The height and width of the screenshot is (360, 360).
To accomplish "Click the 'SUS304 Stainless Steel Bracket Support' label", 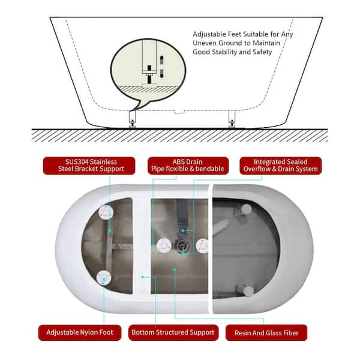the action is [x=89, y=166].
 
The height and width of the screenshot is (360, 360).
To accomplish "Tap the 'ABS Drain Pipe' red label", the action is [x=188, y=166].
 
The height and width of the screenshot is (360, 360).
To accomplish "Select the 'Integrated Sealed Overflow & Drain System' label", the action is [x=280, y=166].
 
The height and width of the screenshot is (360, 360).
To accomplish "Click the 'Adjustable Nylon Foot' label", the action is [x=80, y=332].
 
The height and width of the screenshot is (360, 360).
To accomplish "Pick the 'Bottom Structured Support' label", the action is [x=173, y=332].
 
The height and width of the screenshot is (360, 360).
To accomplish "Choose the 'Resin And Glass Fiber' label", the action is [x=266, y=332].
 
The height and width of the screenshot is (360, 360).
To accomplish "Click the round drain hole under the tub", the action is [x=183, y=246].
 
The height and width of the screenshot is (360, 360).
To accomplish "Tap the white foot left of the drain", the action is [x=164, y=245].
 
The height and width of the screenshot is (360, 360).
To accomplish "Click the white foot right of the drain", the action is [x=203, y=246].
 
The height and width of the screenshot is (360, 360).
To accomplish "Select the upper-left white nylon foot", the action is [x=106, y=212].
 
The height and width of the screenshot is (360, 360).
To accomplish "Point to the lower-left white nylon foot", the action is [x=104, y=278].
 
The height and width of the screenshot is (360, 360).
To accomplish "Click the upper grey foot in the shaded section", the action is [x=247, y=209].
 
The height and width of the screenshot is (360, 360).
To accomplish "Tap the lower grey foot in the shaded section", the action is [x=248, y=291].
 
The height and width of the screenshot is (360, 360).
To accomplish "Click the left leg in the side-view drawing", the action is [x=132, y=119].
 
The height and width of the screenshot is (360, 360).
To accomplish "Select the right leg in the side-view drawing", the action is [x=232, y=119].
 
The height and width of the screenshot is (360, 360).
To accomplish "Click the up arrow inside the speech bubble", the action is [x=161, y=60].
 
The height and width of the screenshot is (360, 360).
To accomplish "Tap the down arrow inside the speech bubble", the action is [x=161, y=73].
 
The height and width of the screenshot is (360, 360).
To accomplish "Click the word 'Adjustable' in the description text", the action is [x=209, y=34].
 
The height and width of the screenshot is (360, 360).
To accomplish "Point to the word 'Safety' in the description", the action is [x=262, y=52].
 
